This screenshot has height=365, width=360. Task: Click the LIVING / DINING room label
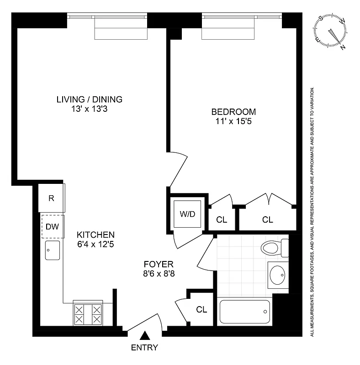coord(90,99)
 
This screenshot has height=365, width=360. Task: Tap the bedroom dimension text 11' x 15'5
coord(233,121)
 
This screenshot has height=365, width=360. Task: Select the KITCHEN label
coord(95,235)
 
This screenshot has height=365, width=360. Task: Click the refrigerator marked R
coord(51,198)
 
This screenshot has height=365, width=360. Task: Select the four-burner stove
coord(87,314)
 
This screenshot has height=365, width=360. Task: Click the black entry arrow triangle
coord(144,337)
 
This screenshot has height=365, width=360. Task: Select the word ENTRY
coord(144,348)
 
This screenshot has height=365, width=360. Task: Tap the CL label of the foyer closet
coord(201,309)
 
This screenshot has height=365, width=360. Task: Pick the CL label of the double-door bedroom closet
coord(268,220)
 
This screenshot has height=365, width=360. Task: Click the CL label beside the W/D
coord(222,220)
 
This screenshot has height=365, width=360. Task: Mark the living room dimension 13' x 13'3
coord(90,109)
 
